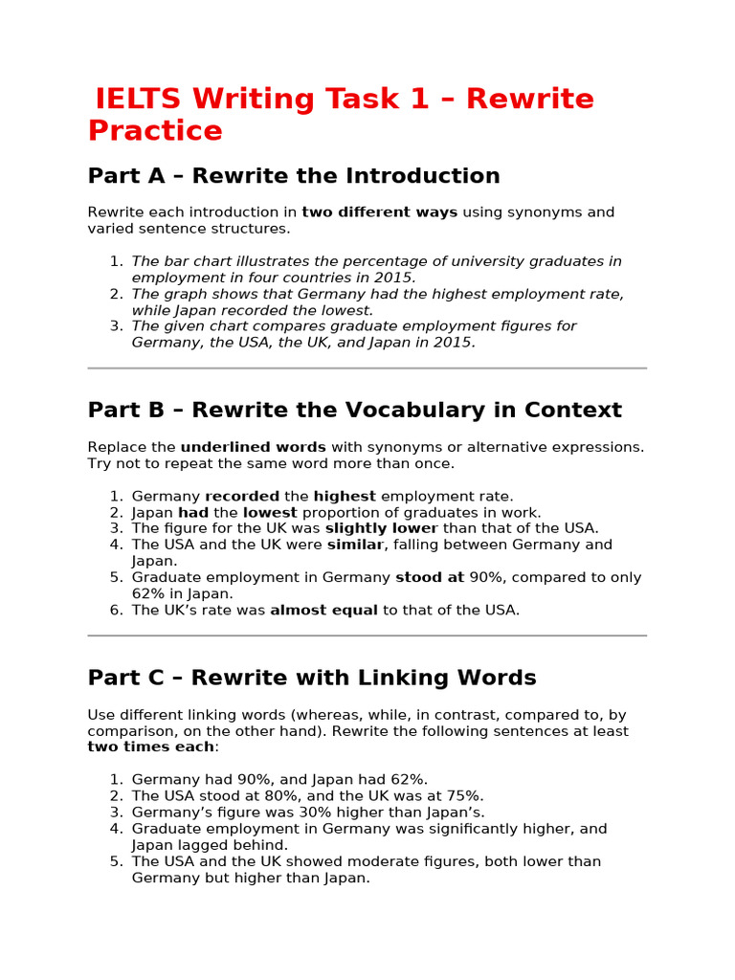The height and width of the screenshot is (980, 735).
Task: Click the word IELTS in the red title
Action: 139,100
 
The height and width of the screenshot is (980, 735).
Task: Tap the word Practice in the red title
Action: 155,131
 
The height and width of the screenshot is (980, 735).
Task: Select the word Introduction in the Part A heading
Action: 423,176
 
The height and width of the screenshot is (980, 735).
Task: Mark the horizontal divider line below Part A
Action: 367,367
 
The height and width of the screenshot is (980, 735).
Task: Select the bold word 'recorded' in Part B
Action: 242,496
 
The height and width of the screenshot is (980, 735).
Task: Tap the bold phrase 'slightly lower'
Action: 381,528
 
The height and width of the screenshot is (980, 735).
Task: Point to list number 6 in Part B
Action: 116,611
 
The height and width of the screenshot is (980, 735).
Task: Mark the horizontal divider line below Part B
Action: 367,635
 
